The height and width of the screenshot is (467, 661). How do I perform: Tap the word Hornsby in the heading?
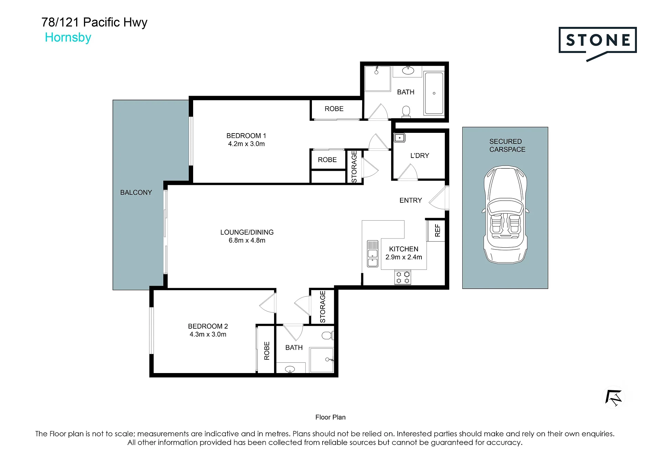click(68, 38)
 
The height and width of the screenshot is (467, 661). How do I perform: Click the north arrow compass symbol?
click(614, 397)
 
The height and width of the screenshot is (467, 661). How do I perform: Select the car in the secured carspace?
click(505, 215)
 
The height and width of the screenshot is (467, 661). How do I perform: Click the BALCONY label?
click(136, 192)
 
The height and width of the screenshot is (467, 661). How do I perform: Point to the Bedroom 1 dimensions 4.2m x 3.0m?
click(246, 144)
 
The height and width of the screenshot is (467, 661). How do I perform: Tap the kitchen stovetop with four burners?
click(403, 277)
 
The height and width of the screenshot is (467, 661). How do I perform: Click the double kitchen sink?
click(373, 254)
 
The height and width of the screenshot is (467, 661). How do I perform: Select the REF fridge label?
click(438, 231)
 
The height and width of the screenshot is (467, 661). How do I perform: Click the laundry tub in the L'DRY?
click(400, 138)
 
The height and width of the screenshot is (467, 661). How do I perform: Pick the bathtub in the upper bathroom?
click(434, 93)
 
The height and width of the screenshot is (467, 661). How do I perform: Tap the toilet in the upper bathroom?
click(406, 112)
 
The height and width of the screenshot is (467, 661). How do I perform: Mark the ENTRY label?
click(411, 200)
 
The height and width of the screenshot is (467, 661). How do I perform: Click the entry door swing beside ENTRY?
click(439, 198)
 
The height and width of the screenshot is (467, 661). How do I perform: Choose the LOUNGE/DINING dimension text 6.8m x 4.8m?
click(247, 240)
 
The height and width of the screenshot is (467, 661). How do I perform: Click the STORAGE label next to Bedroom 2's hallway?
click(323, 307)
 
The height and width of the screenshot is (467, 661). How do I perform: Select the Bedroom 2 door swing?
click(268, 303)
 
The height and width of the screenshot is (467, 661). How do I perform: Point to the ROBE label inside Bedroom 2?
click(267, 351)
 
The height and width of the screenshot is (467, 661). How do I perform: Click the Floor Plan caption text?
click(330, 417)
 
